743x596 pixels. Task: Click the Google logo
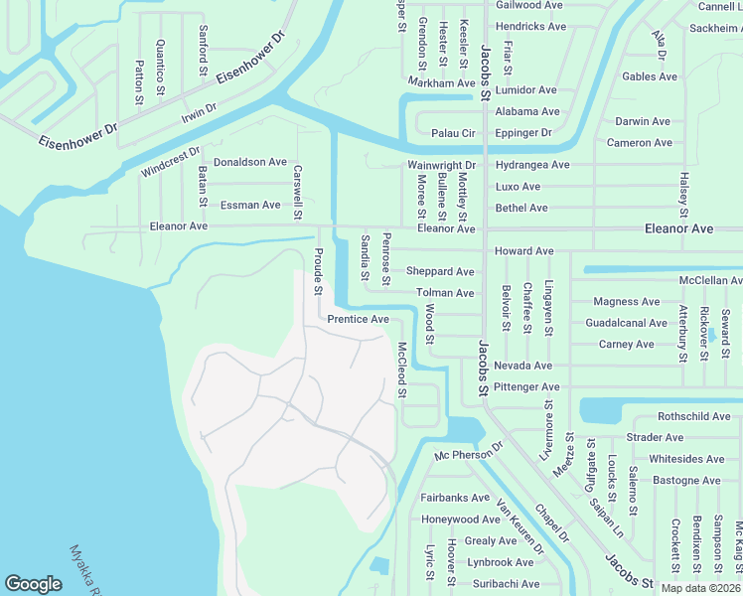pyautogui.click(x=34, y=584)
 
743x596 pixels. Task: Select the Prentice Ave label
pyautogui.click(x=358, y=320)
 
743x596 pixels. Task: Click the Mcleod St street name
pyautogui.click(x=402, y=370)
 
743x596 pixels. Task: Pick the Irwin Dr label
pyautogui.click(x=199, y=113)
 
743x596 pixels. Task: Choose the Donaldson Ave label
pyautogui.click(x=250, y=161)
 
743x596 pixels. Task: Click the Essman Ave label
pyautogui.click(x=250, y=205)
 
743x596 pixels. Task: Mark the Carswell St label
pyautogui.click(x=296, y=191)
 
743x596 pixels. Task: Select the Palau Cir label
pyautogui.click(x=454, y=133)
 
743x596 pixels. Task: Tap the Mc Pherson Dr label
pyautogui.click(x=470, y=455)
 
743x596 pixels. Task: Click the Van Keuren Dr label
pyautogui.click(x=520, y=526)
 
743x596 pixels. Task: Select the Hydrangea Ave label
pyautogui.click(x=532, y=164)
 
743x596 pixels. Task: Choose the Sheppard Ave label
pyautogui.click(x=440, y=271)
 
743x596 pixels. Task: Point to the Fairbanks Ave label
pyautogui.click(x=455, y=498)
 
